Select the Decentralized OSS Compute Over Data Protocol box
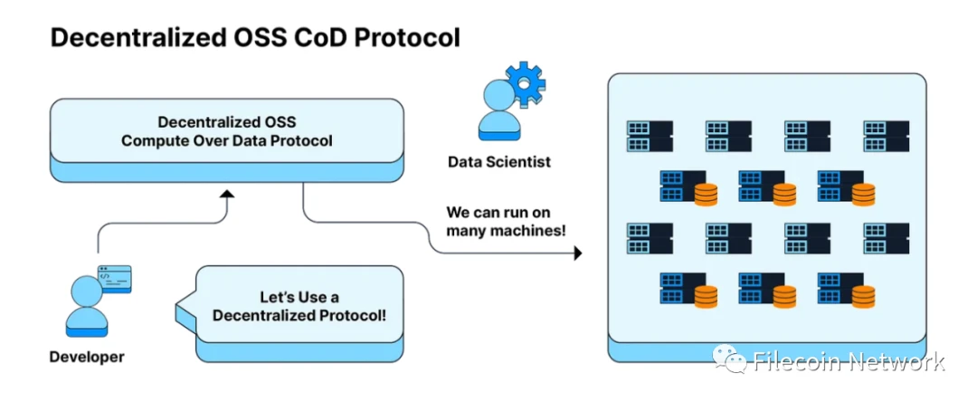click(x=226, y=131)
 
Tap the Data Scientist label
click(x=499, y=163)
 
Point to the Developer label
click(x=87, y=357)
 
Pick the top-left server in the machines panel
click(x=650, y=135)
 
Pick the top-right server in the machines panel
click(x=886, y=135)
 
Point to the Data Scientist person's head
click(x=498, y=95)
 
